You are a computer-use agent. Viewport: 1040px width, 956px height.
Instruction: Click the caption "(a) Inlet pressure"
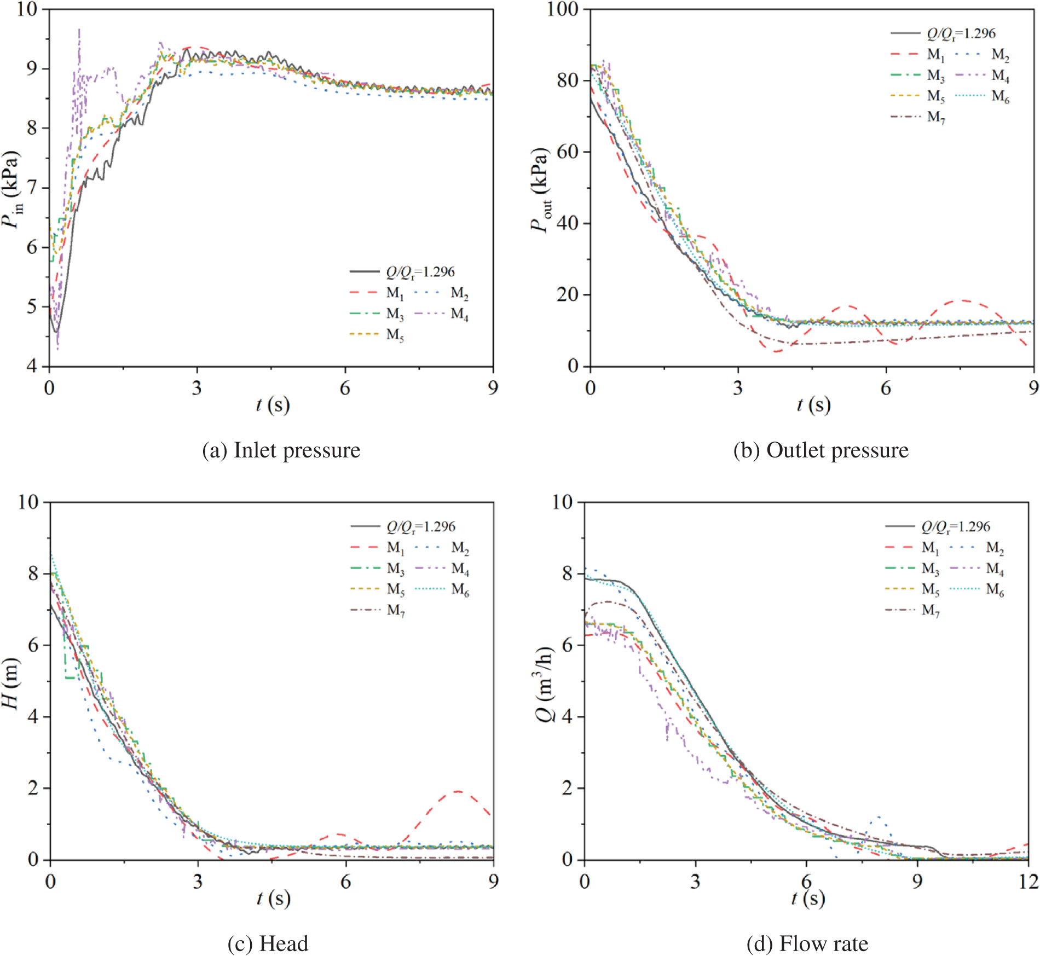coord(281,450)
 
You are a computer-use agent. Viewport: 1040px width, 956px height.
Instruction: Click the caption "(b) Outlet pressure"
coord(821,450)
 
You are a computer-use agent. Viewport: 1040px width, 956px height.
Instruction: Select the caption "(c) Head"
coord(268,943)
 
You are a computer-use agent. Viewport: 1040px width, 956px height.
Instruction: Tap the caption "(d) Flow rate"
coord(807,943)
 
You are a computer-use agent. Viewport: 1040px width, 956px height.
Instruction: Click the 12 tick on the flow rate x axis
coord(1029,881)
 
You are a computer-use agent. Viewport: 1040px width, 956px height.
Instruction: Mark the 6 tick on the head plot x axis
coord(345,881)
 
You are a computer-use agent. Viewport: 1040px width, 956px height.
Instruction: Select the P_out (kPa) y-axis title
coord(541,189)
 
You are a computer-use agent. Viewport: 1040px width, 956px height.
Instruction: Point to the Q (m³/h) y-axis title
coord(545,682)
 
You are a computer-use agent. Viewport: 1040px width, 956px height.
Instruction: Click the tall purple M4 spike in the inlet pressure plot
coord(79,33)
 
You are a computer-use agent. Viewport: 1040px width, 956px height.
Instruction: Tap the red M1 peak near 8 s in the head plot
coord(457,791)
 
